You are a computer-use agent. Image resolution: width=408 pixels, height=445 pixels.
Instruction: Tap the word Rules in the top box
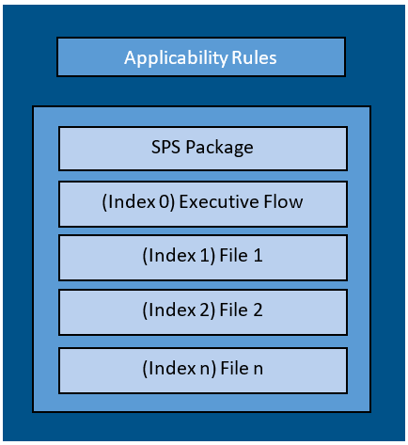[254, 57]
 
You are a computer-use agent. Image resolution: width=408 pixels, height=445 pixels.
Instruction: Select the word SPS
[165, 147]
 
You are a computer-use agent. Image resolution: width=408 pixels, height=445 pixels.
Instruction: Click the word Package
[219, 148]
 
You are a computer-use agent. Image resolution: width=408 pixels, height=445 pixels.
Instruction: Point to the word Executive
[219, 201]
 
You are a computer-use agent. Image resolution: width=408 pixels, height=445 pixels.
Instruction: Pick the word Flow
[283, 201]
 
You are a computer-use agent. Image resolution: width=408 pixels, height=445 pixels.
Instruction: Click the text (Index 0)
[138, 202]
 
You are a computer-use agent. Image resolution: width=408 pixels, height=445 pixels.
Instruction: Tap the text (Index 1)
[179, 256]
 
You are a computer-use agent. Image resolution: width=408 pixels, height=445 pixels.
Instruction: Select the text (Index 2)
[179, 310]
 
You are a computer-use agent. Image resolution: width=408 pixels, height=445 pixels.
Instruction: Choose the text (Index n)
[179, 369]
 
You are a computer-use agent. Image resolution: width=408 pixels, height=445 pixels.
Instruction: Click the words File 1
[241, 255]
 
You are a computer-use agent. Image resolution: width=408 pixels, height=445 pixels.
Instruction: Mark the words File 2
[241, 310]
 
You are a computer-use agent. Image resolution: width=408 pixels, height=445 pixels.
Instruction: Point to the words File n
[242, 368]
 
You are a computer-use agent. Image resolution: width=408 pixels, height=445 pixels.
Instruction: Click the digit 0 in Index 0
[164, 202]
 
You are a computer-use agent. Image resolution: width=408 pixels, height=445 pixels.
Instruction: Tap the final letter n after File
[259, 370]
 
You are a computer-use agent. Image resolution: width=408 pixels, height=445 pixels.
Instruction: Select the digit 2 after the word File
[258, 310]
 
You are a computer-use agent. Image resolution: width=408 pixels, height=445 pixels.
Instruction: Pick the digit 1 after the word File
[258, 256]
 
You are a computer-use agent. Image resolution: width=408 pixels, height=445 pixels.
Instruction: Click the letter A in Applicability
[131, 57]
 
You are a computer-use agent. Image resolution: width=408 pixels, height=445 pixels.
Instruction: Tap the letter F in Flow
[268, 201]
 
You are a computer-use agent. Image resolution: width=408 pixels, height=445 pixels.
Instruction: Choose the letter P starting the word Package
[191, 147]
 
